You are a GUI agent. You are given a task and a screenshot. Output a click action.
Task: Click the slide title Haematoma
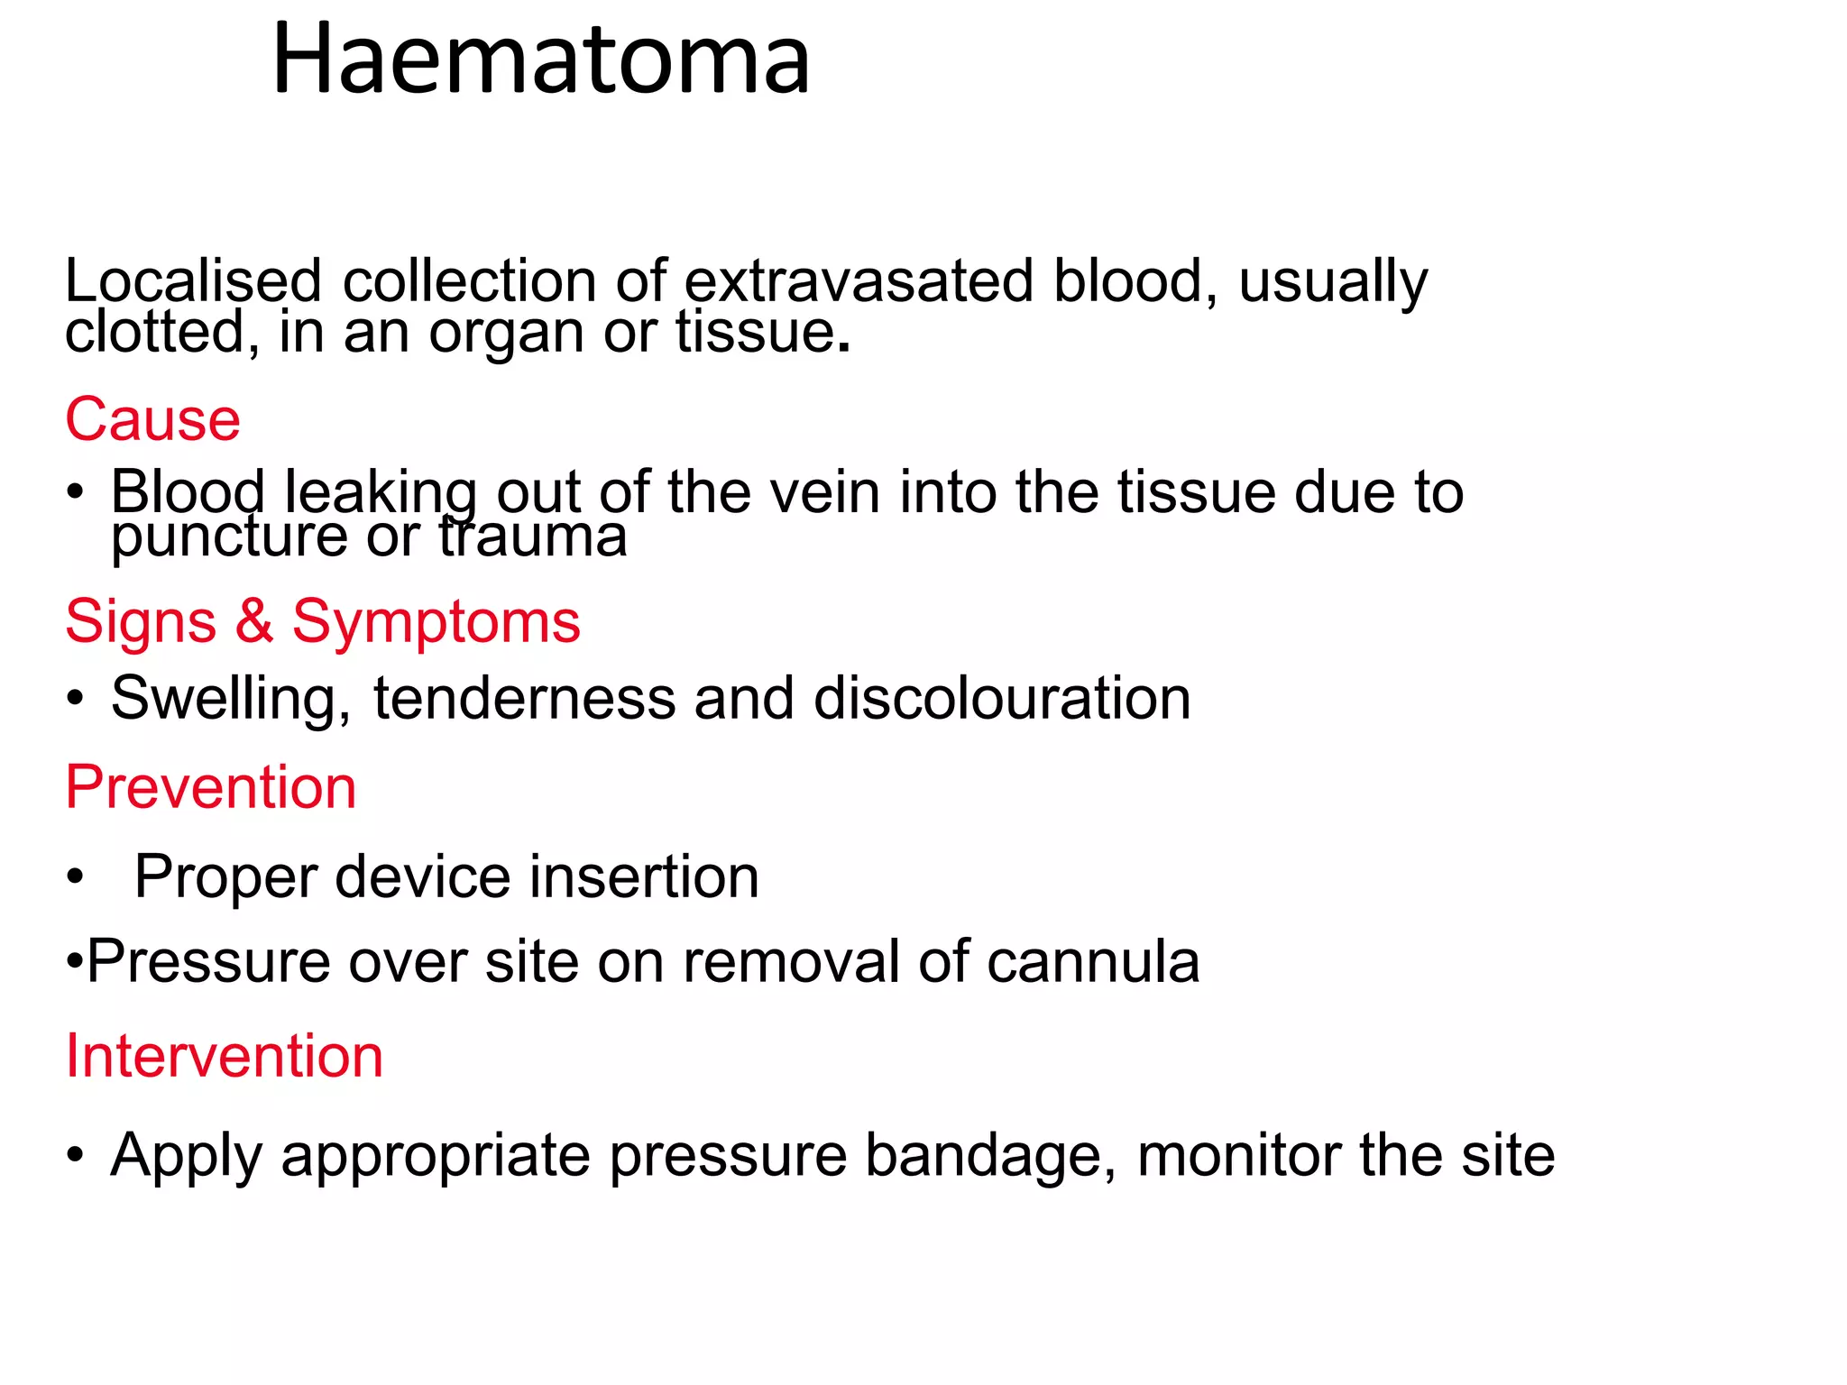point(541,60)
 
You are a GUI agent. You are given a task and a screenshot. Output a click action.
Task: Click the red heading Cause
point(152,420)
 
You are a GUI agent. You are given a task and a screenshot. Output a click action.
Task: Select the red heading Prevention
point(211,787)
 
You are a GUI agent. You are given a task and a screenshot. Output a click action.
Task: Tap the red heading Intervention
point(225,1056)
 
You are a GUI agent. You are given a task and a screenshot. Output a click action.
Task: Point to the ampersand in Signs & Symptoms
point(254,621)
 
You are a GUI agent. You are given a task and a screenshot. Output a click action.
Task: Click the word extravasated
point(859,281)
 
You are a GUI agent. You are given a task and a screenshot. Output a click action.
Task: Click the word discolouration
point(1002,699)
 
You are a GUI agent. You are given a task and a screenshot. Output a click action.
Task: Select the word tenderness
point(524,699)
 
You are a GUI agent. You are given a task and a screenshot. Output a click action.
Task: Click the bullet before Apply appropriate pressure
point(76,1155)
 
